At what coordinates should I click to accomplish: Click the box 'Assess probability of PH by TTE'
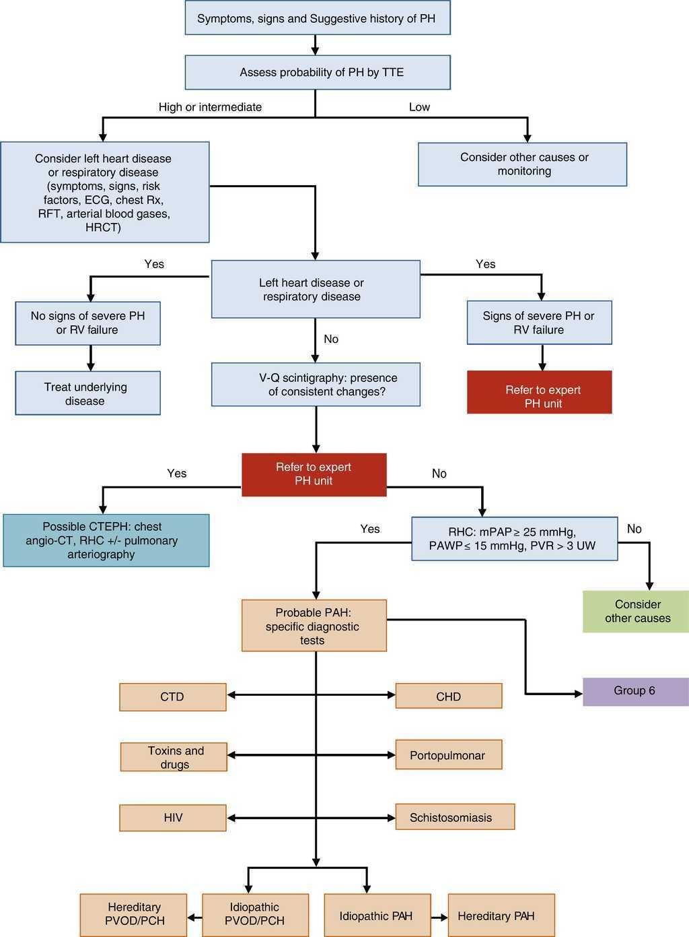pyautogui.click(x=317, y=72)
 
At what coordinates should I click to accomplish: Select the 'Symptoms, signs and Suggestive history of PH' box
pyautogui.click(x=317, y=18)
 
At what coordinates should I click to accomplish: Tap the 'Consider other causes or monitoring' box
pyautogui.click(x=523, y=164)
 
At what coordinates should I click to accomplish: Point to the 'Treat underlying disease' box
pyautogui.click(x=87, y=393)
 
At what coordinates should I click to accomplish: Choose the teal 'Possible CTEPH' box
pyautogui.click(x=106, y=540)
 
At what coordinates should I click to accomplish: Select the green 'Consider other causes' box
pyautogui.click(x=636, y=611)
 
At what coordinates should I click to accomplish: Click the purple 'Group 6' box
pyautogui.click(x=636, y=691)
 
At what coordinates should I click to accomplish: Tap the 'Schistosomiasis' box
pyautogui.click(x=455, y=817)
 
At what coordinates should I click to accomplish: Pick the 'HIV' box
pyautogui.click(x=173, y=818)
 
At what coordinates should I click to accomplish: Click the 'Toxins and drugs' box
pyautogui.click(x=174, y=757)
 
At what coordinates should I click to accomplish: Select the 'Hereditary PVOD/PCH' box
pyautogui.click(x=133, y=915)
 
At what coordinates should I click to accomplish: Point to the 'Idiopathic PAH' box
pyautogui.click(x=377, y=915)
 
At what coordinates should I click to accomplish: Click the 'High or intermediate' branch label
pyautogui.click(x=210, y=107)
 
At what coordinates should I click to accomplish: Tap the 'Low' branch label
pyautogui.click(x=419, y=107)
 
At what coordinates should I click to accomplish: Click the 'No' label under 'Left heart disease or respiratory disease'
pyautogui.click(x=331, y=339)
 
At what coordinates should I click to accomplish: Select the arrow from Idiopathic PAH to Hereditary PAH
pyautogui.click(x=439, y=917)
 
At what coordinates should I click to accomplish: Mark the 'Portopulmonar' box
pyautogui.click(x=448, y=755)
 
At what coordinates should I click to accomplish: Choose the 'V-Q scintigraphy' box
pyautogui.click(x=316, y=385)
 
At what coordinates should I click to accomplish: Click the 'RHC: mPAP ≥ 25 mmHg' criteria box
pyautogui.click(x=514, y=538)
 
